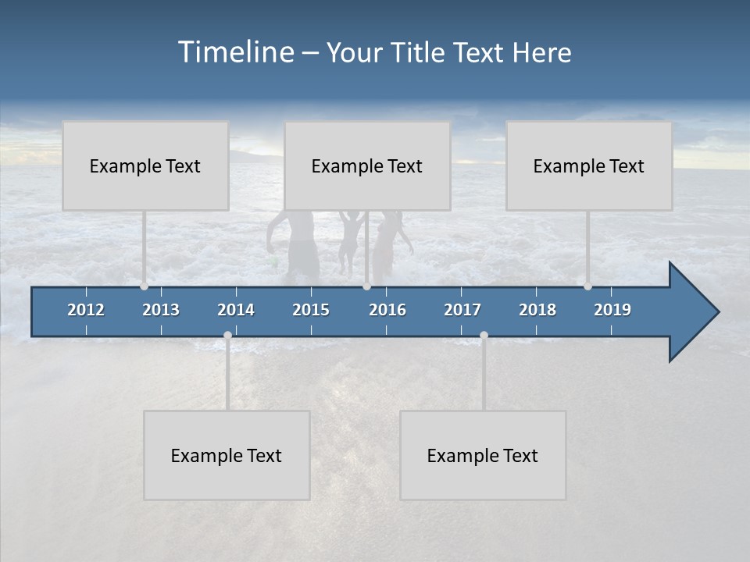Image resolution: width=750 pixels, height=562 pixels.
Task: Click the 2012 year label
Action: tap(86, 310)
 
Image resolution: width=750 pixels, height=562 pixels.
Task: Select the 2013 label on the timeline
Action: tap(161, 310)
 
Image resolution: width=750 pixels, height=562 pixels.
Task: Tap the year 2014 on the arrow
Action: tap(236, 310)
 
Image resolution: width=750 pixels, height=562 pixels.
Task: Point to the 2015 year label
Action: tap(311, 310)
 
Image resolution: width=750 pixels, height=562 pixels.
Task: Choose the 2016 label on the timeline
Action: tap(387, 310)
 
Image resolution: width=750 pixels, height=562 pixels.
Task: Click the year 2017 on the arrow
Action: tap(462, 310)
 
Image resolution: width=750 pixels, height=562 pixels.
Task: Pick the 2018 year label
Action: tap(537, 310)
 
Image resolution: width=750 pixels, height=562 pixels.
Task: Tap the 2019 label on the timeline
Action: tap(612, 310)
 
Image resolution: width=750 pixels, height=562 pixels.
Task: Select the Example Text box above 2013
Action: tap(145, 165)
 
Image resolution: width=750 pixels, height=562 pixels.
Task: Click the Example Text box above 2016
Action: tap(367, 165)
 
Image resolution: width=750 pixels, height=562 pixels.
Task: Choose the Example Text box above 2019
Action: tap(589, 165)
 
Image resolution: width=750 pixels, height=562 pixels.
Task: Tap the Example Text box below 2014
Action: tap(227, 455)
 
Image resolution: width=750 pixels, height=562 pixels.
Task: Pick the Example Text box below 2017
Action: tap(483, 455)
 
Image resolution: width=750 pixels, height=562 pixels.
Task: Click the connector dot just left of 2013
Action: tap(144, 286)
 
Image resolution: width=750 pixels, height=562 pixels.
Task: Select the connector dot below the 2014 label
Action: tap(227, 335)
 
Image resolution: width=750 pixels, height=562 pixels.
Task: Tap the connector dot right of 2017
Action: tap(484, 335)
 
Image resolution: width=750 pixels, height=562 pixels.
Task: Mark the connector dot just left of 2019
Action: tap(587, 286)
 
